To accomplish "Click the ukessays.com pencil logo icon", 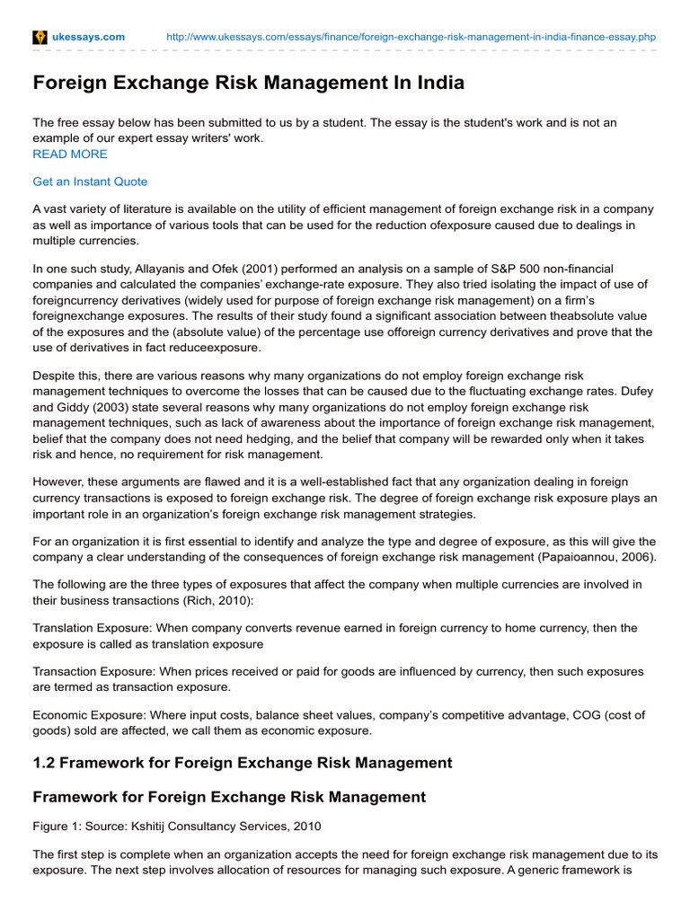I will (x=40, y=37).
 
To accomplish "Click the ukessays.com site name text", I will (x=89, y=37).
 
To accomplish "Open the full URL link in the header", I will (x=411, y=37).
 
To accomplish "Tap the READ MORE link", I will (x=70, y=154).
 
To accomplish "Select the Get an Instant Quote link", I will (x=90, y=181).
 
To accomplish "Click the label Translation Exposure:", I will (x=89, y=628).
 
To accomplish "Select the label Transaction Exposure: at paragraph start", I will (x=91, y=671).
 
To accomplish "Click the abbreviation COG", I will (x=578, y=714).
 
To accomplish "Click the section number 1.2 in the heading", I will (x=44, y=763).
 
